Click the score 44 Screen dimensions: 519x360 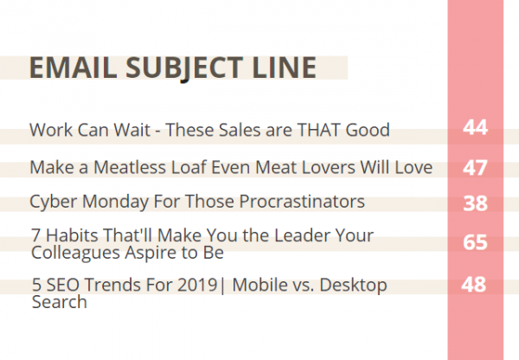pyautogui.click(x=475, y=127)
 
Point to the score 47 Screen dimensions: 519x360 pyautogui.click(x=475, y=168)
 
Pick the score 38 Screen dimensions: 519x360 pyautogui.click(x=475, y=203)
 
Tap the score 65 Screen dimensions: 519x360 pyautogui.click(x=475, y=242)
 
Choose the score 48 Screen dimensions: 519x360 pyautogui.click(x=474, y=284)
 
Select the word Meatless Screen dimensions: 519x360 pyautogui.click(x=130, y=167)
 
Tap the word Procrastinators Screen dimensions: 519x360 pyautogui.click(x=302, y=201)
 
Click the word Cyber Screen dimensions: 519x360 pyautogui.click(x=54, y=202)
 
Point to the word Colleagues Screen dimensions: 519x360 pyautogui.click(x=75, y=254)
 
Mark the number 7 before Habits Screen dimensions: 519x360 pyautogui.click(x=36, y=235)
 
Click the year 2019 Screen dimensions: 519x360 pyautogui.click(x=197, y=285)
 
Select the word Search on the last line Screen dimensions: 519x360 pyautogui.click(x=59, y=302)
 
